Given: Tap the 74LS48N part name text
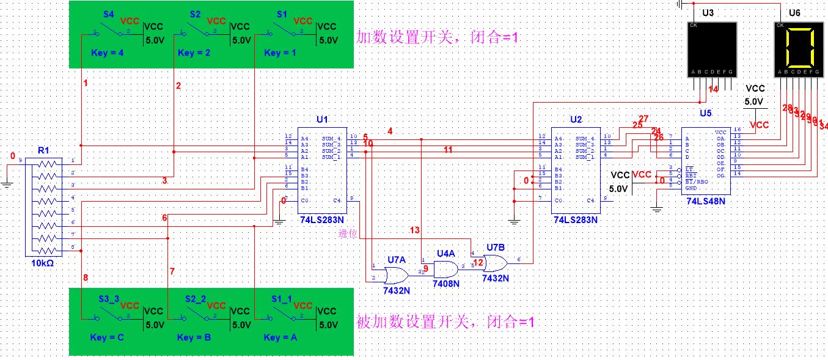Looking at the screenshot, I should (706, 200).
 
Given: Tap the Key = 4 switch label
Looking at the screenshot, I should (107, 53).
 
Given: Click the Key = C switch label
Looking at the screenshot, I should (108, 337).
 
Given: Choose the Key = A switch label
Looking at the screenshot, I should (280, 337).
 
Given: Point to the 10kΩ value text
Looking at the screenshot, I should (43, 262).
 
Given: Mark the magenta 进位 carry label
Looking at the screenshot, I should (348, 233).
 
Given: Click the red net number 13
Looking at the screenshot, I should (415, 230).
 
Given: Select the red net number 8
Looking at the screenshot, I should (86, 278).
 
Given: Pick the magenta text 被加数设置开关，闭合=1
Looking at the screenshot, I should (445, 321).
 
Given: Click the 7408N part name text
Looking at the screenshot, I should (445, 284).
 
